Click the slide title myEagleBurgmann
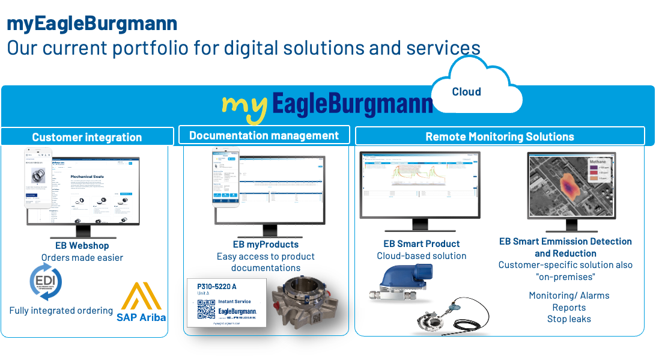pyautogui.click(x=92, y=23)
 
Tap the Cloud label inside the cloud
pyautogui.click(x=466, y=92)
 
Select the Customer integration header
pyautogui.click(x=87, y=137)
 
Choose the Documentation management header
pyautogui.click(x=264, y=135)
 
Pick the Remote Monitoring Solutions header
pyautogui.click(x=499, y=136)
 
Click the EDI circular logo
pyautogui.click(x=46, y=282)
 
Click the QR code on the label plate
pyautogui.click(x=206, y=308)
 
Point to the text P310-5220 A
pyautogui.click(x=216, y=286)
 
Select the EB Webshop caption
pyautogui.click(x=82, y=245)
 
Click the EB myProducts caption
pyautogui.click(x=266, y=244)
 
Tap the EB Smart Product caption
pyautogui.click(x=422, y=243)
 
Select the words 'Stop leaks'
pyautogui.click(x=569, y=319)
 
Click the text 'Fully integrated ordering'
pyautogui.click(x=61, y=311)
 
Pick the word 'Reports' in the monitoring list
pyautogui.click(x=569, y=307)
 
